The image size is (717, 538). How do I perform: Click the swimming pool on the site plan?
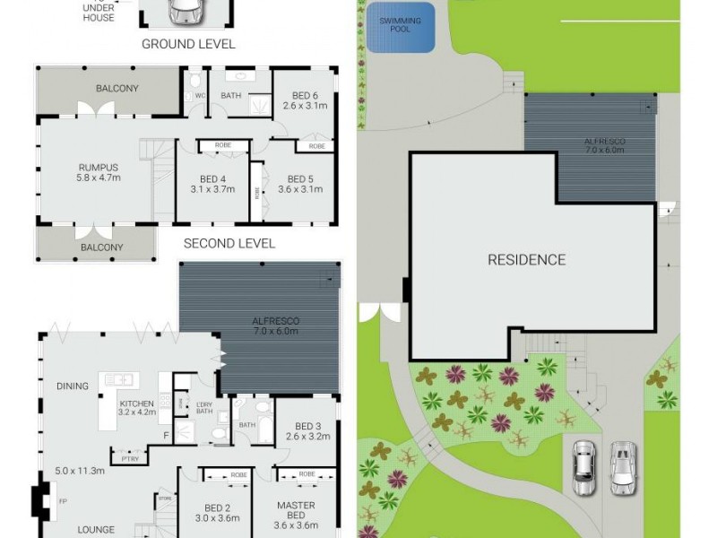coord(401,27)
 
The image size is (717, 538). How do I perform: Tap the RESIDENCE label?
coord(526,260)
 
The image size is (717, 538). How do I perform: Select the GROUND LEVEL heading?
coord(188,44)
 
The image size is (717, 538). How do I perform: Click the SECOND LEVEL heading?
coord(229,243)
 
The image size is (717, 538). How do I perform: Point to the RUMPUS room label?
coord(99,170)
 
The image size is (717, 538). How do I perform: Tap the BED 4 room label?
coord(212,183)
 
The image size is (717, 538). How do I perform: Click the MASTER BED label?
coord(296,511)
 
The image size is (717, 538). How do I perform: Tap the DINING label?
coord(73,386)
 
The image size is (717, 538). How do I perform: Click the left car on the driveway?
coord(584,468)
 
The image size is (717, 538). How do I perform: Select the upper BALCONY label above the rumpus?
coord(117,88)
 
